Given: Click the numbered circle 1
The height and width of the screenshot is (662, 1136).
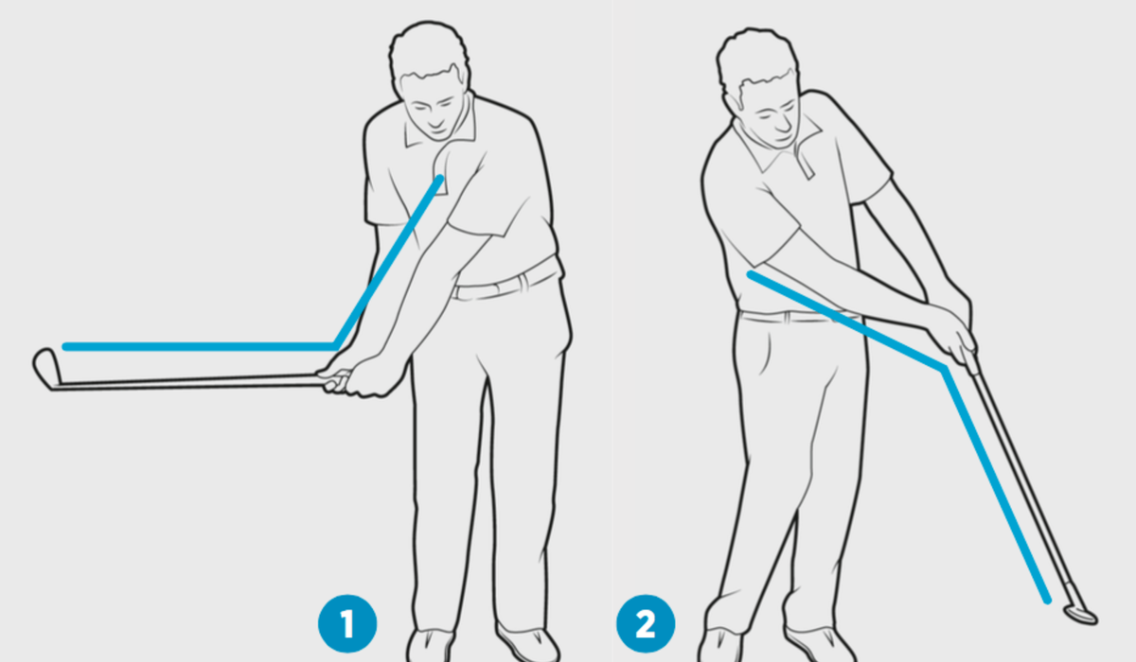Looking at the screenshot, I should tap(346, 624).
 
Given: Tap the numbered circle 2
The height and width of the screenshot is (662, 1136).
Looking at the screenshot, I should tap(646, 624).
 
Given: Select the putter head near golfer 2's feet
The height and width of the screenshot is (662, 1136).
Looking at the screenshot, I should tap(1079, 613).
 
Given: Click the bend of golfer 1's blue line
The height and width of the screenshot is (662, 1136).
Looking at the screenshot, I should tap(335, 345).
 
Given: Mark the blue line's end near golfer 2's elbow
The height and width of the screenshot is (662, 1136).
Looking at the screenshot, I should tap(750, 275).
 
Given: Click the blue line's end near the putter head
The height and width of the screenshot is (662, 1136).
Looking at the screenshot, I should tap(1047, 599).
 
